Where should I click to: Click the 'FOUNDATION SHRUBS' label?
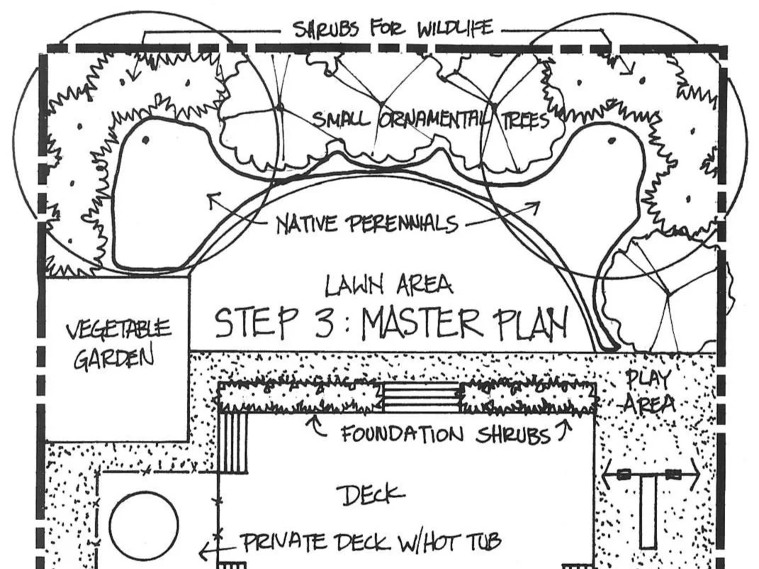point(445,434)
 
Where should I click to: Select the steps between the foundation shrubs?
point(421,398)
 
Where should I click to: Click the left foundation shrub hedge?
point(298,398)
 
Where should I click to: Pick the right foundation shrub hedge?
point(528,398)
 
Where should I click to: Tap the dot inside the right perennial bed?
point(611,140)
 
